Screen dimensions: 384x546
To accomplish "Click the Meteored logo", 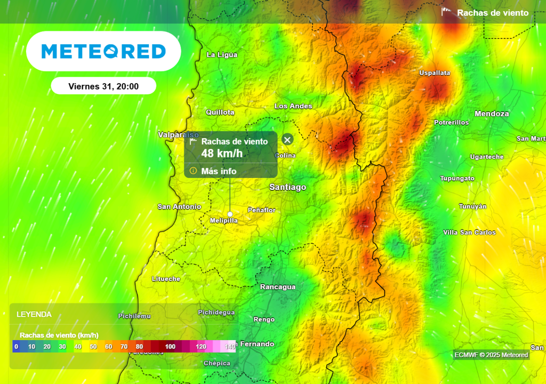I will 103,51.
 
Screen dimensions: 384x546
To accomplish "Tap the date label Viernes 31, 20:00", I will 103,86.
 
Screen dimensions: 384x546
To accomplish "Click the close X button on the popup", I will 287,140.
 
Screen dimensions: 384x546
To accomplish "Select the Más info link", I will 219,171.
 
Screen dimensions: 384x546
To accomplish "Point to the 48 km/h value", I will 222,154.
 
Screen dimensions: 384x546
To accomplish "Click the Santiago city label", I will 288,187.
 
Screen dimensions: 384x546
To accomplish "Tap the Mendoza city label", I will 492,114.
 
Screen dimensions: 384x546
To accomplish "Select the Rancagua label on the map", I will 277,287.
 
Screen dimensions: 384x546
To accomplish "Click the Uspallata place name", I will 435,73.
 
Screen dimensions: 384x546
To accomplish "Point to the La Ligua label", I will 222,54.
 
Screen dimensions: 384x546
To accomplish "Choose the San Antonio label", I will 180,206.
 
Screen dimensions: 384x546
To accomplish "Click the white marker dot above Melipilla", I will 230,213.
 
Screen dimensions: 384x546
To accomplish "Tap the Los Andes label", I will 293,106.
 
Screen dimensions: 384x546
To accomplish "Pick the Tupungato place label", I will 457,178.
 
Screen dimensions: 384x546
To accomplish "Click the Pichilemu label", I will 134,316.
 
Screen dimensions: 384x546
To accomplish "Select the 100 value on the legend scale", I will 170,347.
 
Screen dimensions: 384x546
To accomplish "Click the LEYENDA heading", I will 34,314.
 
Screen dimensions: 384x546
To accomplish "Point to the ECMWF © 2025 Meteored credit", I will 491,355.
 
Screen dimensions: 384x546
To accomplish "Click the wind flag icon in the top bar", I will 446,12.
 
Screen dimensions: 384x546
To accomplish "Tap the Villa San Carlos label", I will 469,232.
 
